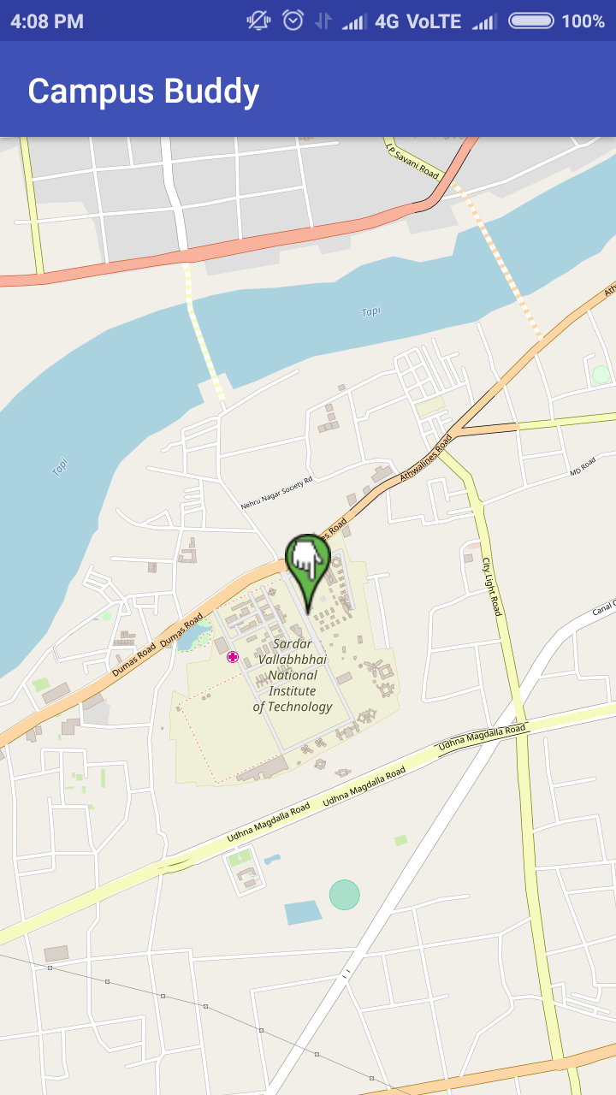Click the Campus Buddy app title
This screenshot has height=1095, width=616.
[144, 91]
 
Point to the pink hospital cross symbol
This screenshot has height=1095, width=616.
[233, 656]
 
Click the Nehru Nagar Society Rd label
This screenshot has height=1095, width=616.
[276, 494]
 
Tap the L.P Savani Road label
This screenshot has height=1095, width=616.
[412, 163]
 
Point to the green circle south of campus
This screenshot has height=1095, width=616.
[345, 895]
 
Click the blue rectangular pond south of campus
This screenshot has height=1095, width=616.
[303, 912]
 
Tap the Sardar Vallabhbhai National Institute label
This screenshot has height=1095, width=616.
[293, 675]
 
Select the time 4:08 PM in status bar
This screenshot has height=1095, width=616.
[47, 21]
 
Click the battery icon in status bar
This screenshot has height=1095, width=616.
[531, 21]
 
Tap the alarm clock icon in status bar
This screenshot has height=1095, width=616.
[293, 21]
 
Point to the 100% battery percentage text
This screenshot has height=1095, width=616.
[583, 21]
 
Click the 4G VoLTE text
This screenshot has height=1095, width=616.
[418, 21]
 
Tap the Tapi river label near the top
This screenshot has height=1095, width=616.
[370, 311]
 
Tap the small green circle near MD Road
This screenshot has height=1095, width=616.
[601, 375]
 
